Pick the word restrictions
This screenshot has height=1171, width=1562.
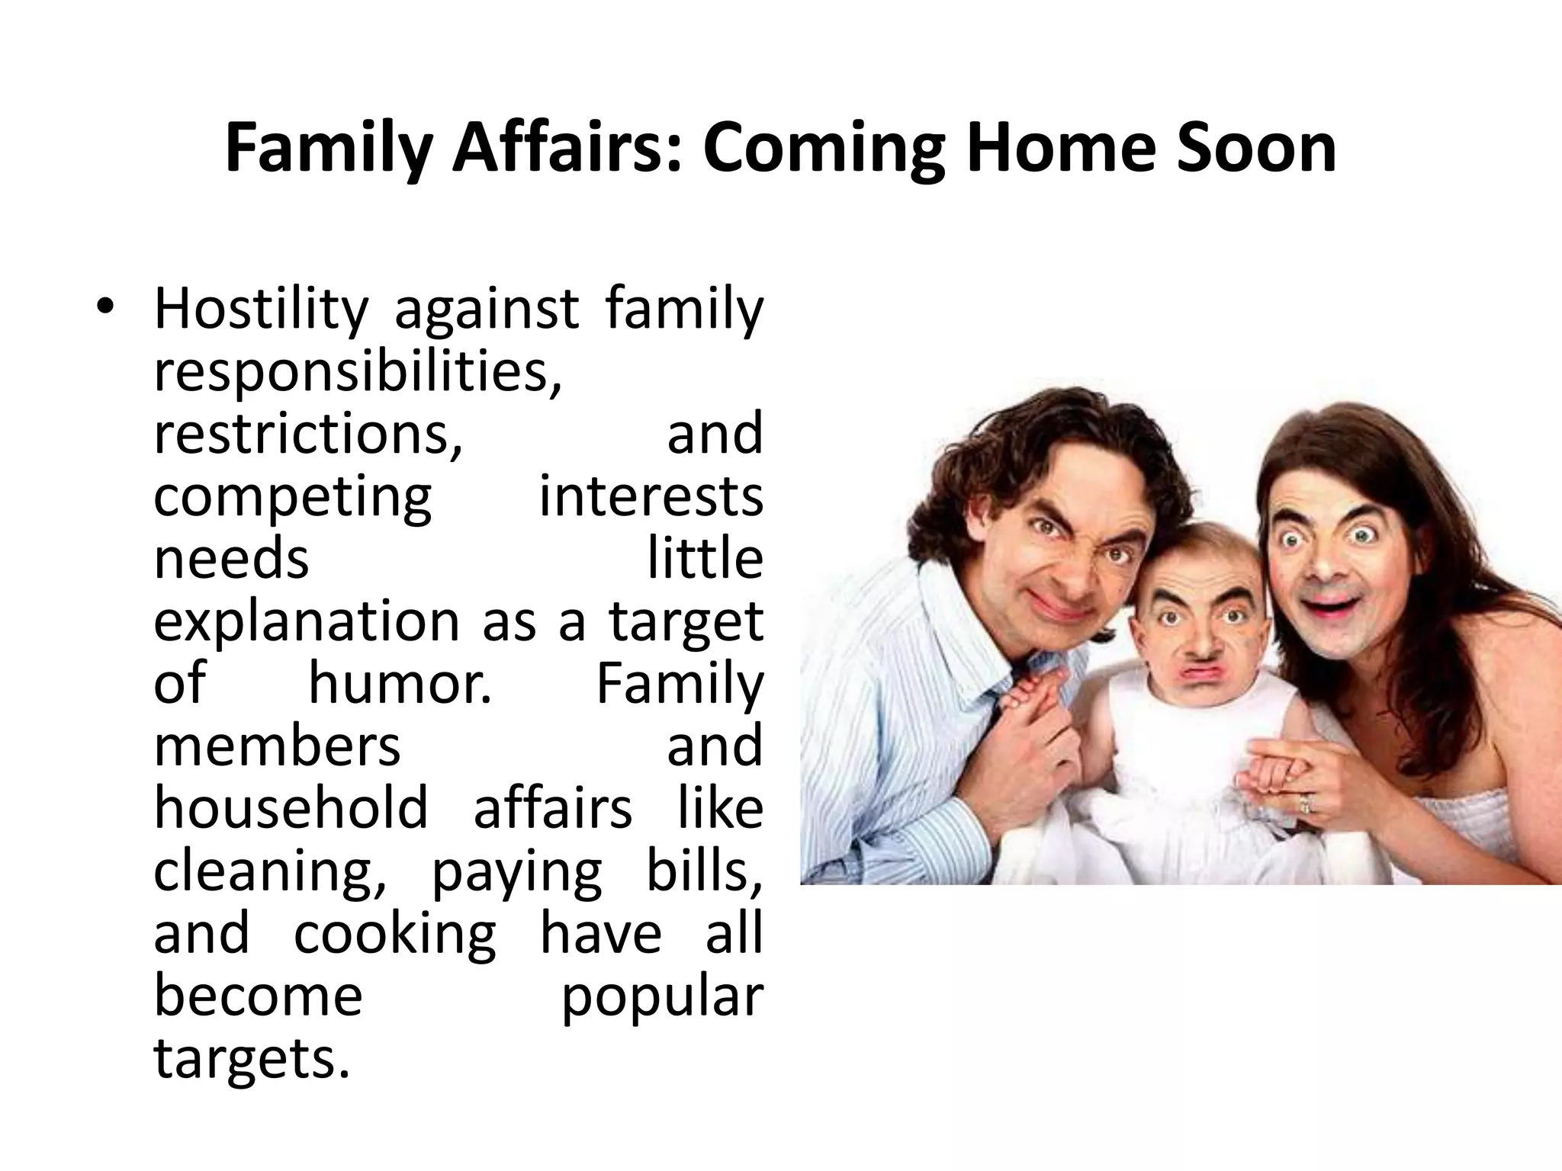click(308, 433)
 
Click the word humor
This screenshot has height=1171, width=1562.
click(400, 683)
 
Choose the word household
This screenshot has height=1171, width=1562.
click(291, 808)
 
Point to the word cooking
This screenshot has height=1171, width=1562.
click(395, 934)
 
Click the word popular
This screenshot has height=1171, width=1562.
click(662, 997)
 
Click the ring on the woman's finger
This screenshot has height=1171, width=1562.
click(1305, 803)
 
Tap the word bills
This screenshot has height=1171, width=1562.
click(705, 871)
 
